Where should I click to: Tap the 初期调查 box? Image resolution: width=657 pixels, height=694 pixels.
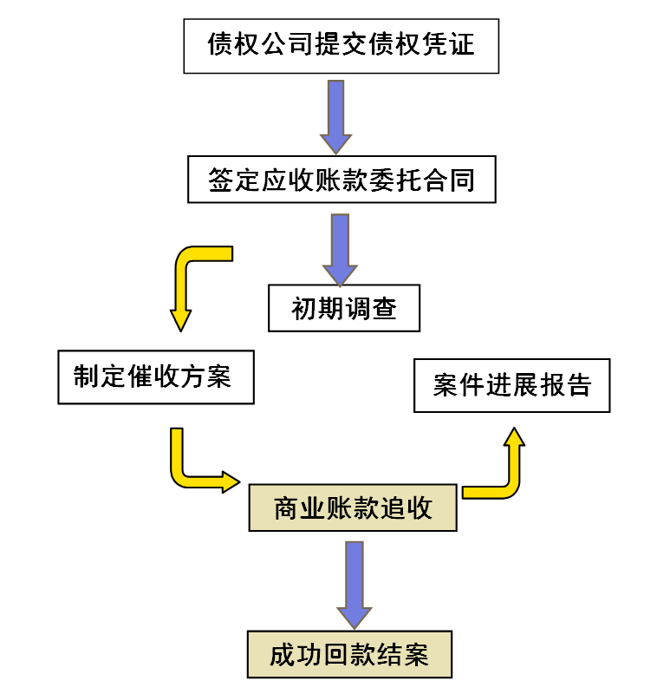(x=343, y=308)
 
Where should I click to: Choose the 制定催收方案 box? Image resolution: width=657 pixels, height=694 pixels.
(x=156, y=376)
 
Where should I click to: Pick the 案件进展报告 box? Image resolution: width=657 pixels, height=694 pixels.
(x=511, y=385)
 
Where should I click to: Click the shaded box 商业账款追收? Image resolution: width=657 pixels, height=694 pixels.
(x=353, y=507)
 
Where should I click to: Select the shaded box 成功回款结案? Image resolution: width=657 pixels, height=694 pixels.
(x=349, y=654)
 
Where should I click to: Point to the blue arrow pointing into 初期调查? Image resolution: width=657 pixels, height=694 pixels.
(x=340, y=247)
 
